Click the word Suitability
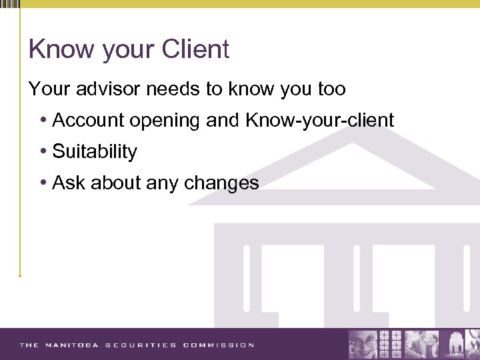pos(95,152)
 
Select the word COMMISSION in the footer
pos(219,345)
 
